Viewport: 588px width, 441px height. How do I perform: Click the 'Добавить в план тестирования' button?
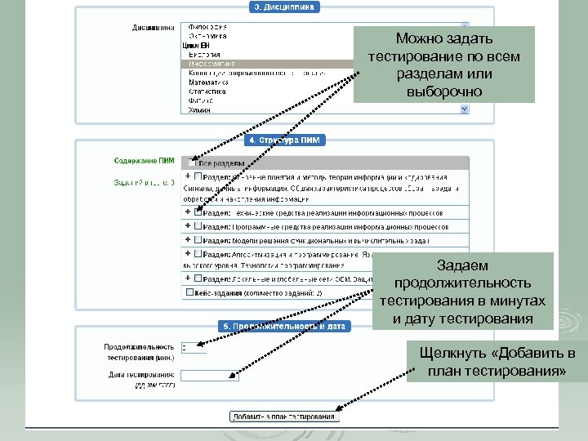click(x=283, y=416)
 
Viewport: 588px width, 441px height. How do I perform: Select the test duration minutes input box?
click(x=194, y=347)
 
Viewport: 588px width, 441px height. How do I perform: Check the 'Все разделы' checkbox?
click(x=191, y=163)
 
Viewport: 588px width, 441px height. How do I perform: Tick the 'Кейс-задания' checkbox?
click(x=191, y=292)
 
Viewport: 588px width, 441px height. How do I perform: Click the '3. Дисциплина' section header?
click(x=283, y=7)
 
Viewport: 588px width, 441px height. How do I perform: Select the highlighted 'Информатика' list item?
click(x=212, y=63)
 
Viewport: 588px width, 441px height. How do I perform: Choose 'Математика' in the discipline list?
click(x=207, y=82)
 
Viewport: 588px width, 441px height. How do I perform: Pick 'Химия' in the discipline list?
click(x=200, y=109)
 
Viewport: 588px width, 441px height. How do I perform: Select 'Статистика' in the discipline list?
click(x=207, y=91)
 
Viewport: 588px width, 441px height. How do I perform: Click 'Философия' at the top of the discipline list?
click(x=207, y=27)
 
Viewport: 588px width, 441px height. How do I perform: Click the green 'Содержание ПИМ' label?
click(x=144, y=161)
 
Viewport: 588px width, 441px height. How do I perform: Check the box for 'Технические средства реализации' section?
click(x=198, y=212)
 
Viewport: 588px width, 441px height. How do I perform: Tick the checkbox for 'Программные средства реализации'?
click(x=198, y=225)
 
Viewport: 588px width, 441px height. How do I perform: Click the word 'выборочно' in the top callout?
click(x=443, y=91)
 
